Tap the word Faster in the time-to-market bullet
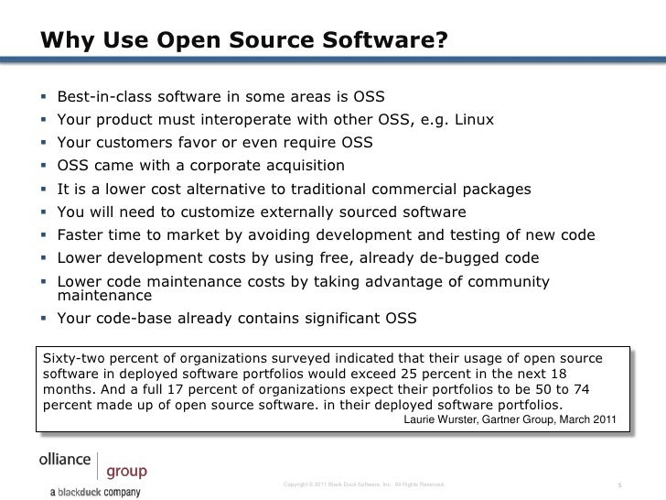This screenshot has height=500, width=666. (x=81, y=234)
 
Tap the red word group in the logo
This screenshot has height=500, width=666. (x=126, y=473)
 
